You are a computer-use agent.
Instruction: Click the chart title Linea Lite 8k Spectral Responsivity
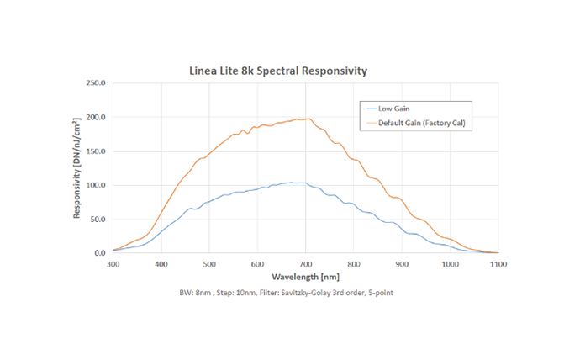278,71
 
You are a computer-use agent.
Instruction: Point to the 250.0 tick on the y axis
96,84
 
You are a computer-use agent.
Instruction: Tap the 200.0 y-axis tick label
96,118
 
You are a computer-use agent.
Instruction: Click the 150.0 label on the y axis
96,151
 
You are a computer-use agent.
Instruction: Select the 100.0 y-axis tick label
96,185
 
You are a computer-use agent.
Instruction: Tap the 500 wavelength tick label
209,263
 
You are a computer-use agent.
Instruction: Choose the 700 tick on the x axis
306,263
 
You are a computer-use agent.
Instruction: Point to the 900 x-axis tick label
402,263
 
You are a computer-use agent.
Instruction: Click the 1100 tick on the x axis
498,263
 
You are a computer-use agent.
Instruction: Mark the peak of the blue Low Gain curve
292,182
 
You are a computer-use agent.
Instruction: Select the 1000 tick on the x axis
450,263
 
